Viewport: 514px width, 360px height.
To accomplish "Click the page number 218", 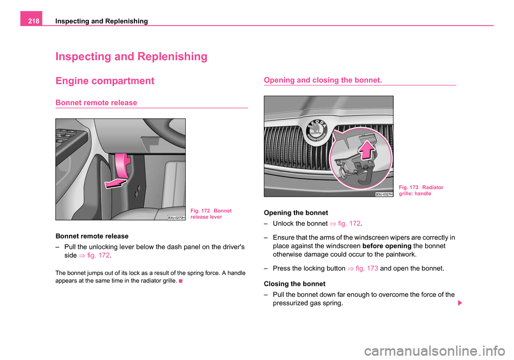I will click(x=32, y=21).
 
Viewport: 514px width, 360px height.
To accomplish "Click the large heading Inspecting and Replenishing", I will click(x=131, y=56).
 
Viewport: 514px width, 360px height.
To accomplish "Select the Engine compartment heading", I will click(x=105, y=81).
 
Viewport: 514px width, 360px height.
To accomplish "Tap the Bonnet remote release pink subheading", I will click(x=96, y=102).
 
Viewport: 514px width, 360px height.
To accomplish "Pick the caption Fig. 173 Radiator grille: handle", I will click(x=421, y=190).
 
